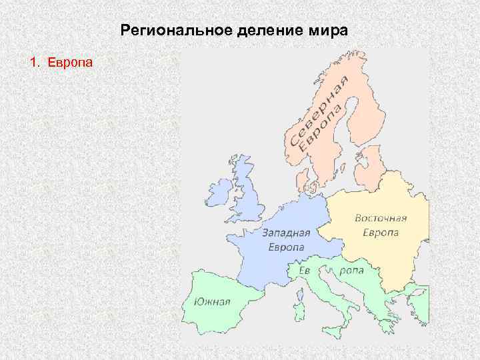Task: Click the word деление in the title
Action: pos(247,31)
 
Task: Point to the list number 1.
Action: pos(34,63)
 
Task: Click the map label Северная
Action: pos(318,110)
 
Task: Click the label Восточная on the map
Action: pos(381,219)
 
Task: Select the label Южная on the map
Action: pos(212,301)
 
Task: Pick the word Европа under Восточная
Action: pos(381,233)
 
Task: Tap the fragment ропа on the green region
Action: pos(351,271)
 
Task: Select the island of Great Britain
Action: pos(250,193)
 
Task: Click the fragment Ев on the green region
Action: pos(305,269)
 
